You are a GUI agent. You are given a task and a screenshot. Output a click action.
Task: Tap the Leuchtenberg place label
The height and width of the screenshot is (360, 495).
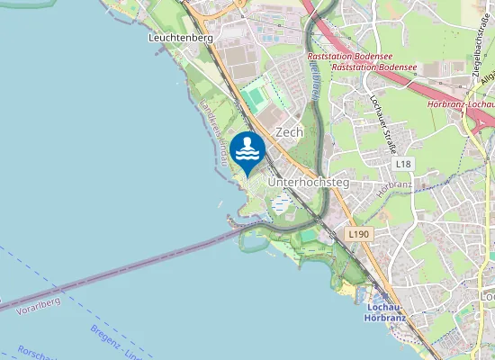click(180, 39)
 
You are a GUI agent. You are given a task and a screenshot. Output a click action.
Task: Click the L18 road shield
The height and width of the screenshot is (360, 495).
click(402, 164)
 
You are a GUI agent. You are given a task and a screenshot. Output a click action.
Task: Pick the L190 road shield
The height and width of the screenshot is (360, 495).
click(358, 234)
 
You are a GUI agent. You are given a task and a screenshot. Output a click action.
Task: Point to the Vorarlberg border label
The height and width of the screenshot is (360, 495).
click(38, 301)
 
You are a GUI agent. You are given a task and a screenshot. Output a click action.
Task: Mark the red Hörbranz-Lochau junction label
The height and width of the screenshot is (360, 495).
click(459, 106)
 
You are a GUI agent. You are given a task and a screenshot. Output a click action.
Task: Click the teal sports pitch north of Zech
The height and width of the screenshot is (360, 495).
click(255, 96)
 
